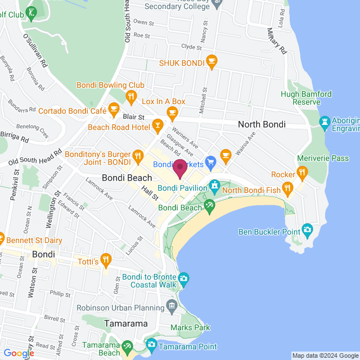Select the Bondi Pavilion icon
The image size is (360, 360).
pos(214,184)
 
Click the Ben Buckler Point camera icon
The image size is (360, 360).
pos(307,229)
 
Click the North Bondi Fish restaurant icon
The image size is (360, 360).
pos(287,188)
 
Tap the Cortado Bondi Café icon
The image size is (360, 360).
pos(114,109)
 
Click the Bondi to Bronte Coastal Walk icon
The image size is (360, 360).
pos(183,278)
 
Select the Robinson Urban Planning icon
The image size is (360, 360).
pos(172,307)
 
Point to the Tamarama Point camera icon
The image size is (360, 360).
pos(151,344)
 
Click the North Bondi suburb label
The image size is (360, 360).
pos(262,124)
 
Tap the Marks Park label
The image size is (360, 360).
pos(191,327)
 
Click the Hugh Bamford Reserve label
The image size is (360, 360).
pos(306,98)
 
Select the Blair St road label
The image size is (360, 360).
pos(133,117)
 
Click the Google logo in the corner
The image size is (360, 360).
pos(18,353)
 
